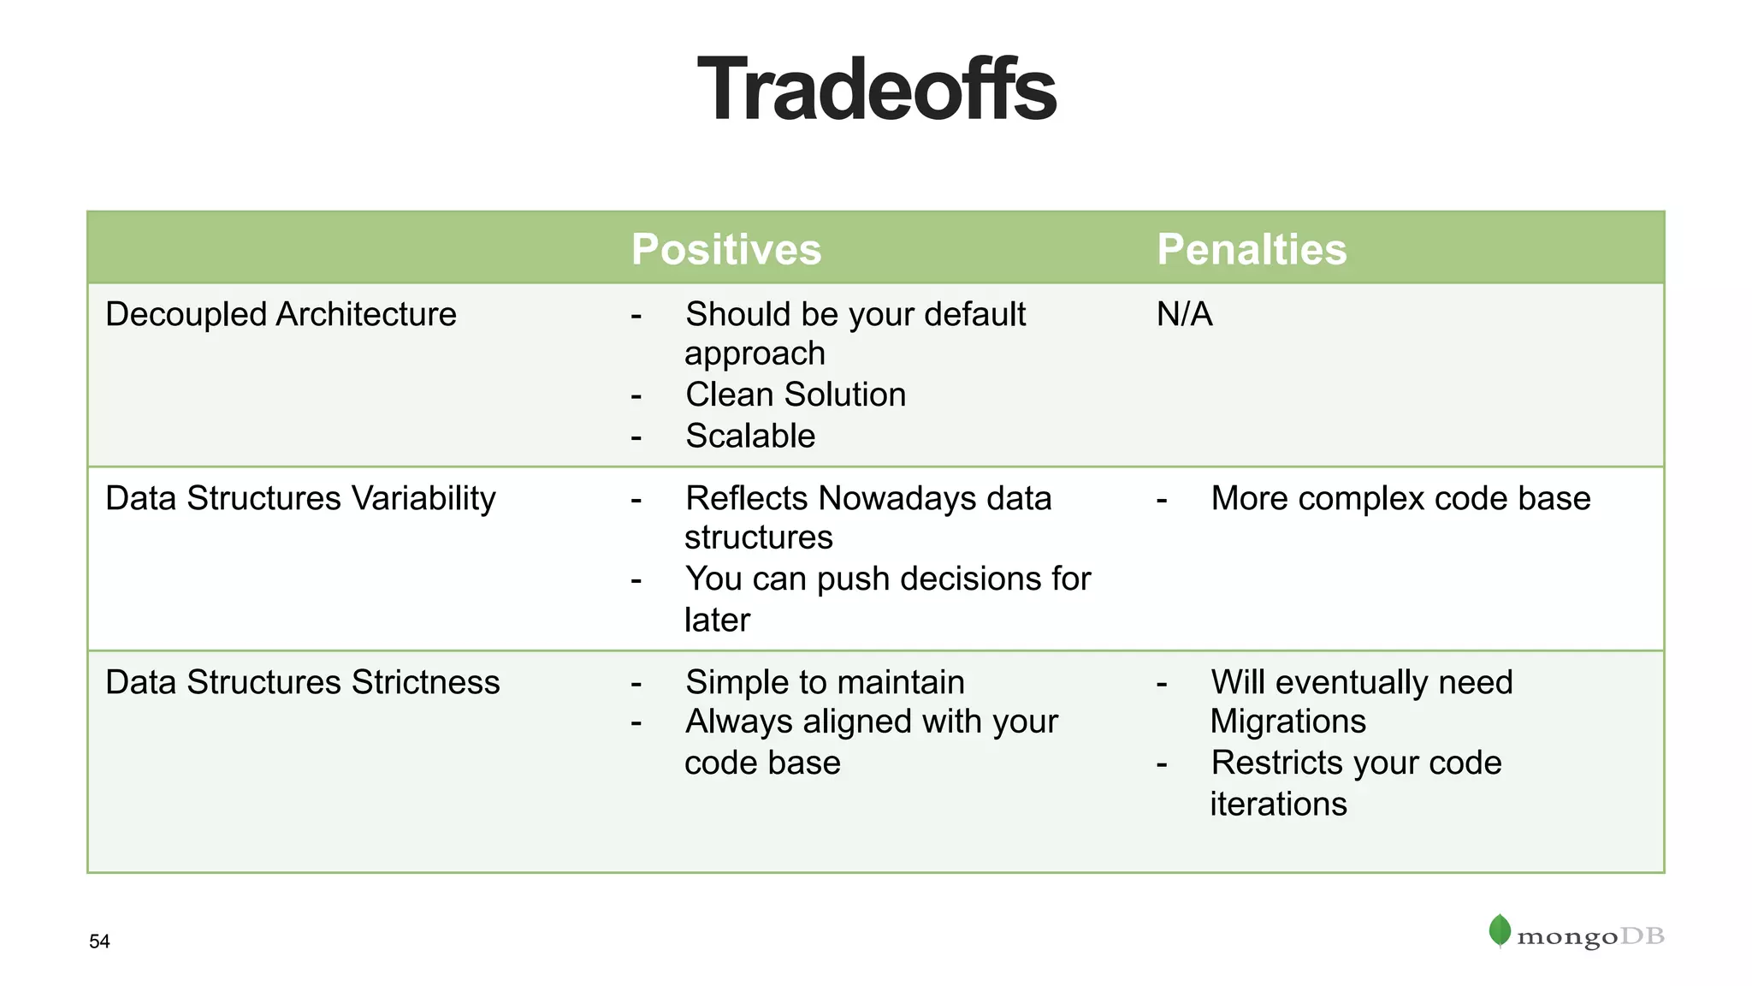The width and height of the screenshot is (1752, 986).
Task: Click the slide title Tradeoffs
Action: point(877,90)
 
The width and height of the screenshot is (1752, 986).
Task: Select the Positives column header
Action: point(725,249)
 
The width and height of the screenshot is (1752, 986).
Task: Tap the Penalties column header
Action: point(1251,249)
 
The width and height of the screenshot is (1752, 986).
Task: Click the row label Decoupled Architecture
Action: point(281,314)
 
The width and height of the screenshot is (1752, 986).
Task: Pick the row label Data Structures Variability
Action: point(300,498)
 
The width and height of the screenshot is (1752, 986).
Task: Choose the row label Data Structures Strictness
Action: point(302,682)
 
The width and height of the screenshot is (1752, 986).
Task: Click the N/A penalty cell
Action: point(1184,314)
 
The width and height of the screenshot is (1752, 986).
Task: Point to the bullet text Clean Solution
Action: point(796,395)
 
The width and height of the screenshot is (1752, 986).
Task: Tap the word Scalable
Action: point(750,436)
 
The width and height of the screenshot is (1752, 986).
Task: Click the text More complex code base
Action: point(1400,498)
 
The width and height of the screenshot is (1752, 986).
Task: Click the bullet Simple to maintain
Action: point(825,682)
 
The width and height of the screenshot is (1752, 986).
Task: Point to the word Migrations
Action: point(1287,722)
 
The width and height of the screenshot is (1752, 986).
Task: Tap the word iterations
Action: point(1278,804)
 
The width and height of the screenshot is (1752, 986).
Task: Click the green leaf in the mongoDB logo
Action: point(1500,930)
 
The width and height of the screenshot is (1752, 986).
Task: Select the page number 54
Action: point(99,941)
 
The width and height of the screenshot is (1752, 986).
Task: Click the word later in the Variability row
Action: point(717,620)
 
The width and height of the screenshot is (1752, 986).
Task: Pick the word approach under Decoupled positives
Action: point(755,353)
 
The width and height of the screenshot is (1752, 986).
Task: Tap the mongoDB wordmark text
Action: point(1589,937)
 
